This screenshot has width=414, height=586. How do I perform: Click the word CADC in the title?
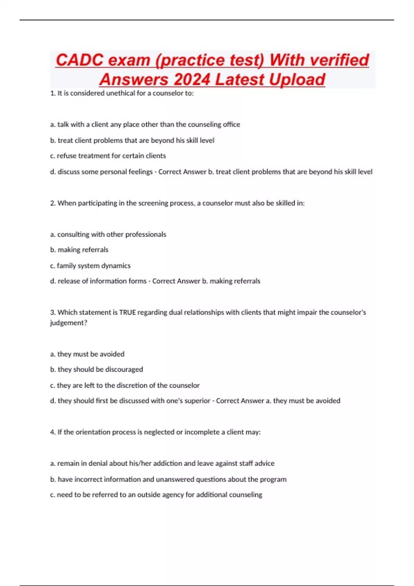coord(79,60)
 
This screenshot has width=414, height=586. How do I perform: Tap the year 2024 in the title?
coord(192,80)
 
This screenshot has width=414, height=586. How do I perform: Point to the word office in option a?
coord(231,124)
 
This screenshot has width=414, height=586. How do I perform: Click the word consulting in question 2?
coord(73,234)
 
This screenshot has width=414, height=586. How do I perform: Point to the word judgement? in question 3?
coord(68,323)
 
